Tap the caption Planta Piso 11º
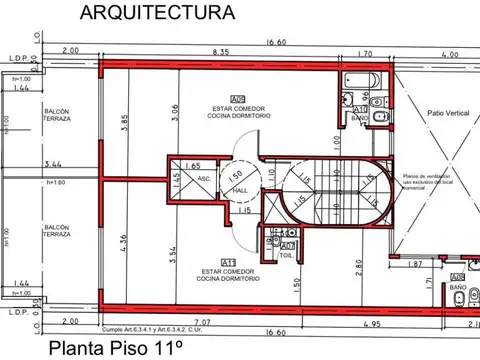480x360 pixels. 119,349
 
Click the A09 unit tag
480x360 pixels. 238,99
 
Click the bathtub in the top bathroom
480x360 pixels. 354,81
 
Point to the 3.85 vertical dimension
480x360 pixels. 126,123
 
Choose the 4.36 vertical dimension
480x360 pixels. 126,243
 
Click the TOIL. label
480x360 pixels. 288,257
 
